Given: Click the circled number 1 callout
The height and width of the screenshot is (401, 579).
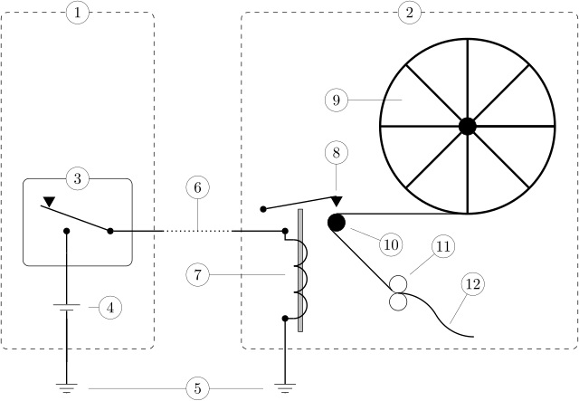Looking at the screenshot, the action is click(78, 13).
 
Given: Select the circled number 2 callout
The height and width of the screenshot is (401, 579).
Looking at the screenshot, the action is click(410, 13).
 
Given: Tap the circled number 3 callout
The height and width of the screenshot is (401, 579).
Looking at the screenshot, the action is click(78, 179).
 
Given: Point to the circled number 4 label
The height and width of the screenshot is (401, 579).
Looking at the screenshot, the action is click(110, 308).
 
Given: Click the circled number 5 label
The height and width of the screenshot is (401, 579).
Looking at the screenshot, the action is click(197, 388).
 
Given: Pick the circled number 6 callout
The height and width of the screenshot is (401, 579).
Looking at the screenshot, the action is click(197, 187).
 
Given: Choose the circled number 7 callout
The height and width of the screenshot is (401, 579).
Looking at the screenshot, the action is click(197, 275).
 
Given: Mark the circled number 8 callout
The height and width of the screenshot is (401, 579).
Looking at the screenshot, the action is click(337, 153).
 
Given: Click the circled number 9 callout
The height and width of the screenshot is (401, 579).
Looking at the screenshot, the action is click(337, 100).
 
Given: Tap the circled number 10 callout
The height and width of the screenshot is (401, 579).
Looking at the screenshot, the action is click(391, 244).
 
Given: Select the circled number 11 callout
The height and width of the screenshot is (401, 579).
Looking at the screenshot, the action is click(443, 246).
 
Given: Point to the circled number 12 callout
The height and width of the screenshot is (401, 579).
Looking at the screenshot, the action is click(473, 284).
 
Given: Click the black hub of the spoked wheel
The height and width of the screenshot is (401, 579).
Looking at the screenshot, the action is click(468, 127).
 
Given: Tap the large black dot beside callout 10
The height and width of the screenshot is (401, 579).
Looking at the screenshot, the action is click(337, 223).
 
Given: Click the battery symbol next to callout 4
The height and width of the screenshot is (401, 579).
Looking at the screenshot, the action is click(66, 308).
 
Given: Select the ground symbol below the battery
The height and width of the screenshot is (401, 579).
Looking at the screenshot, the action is click(66, 388).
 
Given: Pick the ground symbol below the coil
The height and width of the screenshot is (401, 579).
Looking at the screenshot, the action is click(285, 388).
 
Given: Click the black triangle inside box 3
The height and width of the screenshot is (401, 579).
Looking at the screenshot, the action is click(49, 202).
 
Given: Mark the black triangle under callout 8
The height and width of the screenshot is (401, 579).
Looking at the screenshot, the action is click(337, 202).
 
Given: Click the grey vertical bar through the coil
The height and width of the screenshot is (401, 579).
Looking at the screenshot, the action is click(300, 271).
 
